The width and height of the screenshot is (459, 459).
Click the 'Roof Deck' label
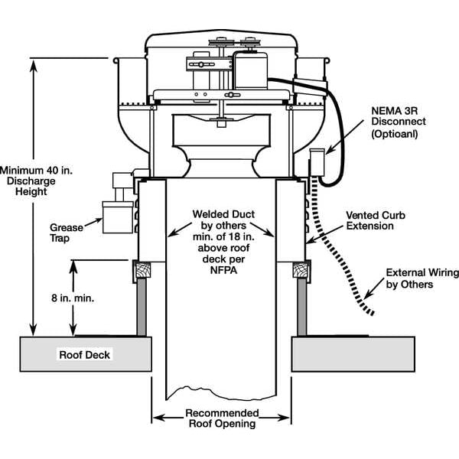tap(85, 355)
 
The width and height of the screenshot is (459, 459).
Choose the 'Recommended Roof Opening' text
tap(222, 418)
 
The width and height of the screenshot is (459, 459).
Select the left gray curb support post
tap(141, 306)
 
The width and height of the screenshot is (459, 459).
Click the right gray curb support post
tap(301, 306)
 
